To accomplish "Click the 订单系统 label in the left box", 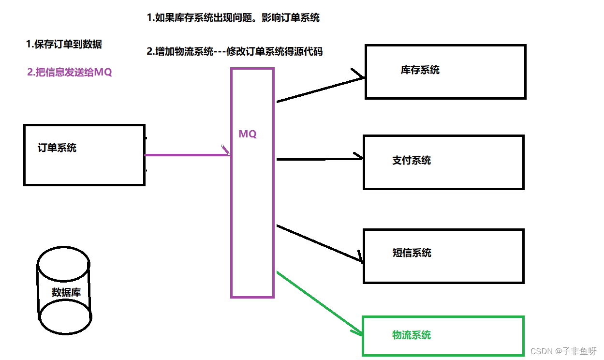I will [57, 148].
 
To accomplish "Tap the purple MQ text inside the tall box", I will [248, 134].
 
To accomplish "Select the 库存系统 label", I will [420, 70].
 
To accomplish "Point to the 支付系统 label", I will [411, 161].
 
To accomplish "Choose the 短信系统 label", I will [412, 253].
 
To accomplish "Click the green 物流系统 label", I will [412, 335].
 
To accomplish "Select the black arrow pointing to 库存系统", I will [319, 90].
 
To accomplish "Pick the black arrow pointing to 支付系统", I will [319, 158].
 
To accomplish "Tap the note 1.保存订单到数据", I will [64, 45].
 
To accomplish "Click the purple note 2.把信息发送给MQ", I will [70, 73].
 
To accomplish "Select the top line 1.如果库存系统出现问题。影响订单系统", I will [233, 18].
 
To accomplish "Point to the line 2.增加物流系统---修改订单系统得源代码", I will [235, 51].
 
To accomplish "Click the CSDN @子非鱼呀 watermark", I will [563, 351].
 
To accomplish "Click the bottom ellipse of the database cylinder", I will [65, 317].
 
